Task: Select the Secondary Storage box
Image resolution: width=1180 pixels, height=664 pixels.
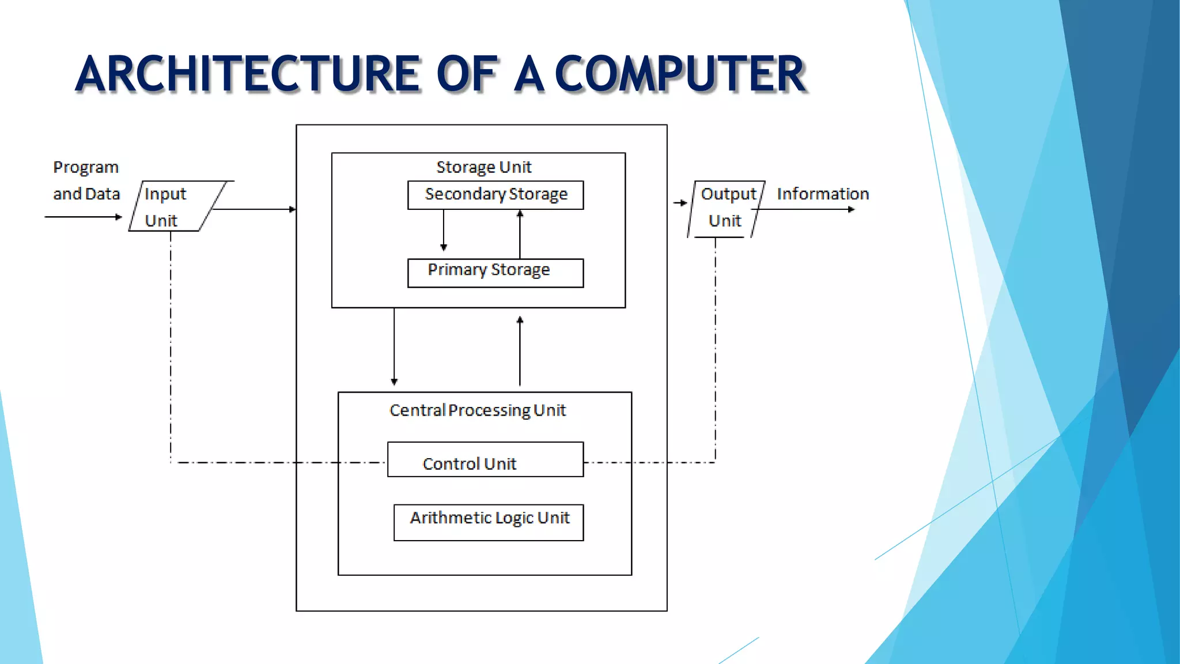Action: (x=496, y=195)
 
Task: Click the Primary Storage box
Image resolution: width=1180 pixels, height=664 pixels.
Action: (x=496, y=273)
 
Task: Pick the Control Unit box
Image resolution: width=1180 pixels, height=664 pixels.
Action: (x=485, y=459)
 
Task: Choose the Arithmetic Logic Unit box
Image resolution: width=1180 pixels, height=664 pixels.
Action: (x=489, y=522)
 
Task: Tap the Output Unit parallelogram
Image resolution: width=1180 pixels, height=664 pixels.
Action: (x=726, y=209)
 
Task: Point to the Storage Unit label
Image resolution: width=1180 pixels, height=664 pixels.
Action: (x=483, y=167)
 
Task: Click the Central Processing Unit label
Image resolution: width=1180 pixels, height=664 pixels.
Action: (x=478, y=410)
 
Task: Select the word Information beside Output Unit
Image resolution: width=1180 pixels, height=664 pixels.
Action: (x=822, y=194)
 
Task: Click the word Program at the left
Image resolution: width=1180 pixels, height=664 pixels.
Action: (x=86, y=168)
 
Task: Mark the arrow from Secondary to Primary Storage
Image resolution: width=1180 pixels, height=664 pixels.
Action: (x=444, y=231)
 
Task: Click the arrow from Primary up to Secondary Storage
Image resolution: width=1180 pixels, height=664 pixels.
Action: (x=520, y=234)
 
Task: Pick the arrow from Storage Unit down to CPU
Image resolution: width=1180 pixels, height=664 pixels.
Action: (x=394, y=346)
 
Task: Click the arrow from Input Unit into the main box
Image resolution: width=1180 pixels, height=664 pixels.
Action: (x=254, y=209)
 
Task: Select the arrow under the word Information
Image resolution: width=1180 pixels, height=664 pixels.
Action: (x=807, y=209)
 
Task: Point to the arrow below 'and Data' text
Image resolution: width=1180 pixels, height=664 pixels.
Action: (x=84, y=217)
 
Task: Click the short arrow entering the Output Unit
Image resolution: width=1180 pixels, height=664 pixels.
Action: (x=680, y=203)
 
